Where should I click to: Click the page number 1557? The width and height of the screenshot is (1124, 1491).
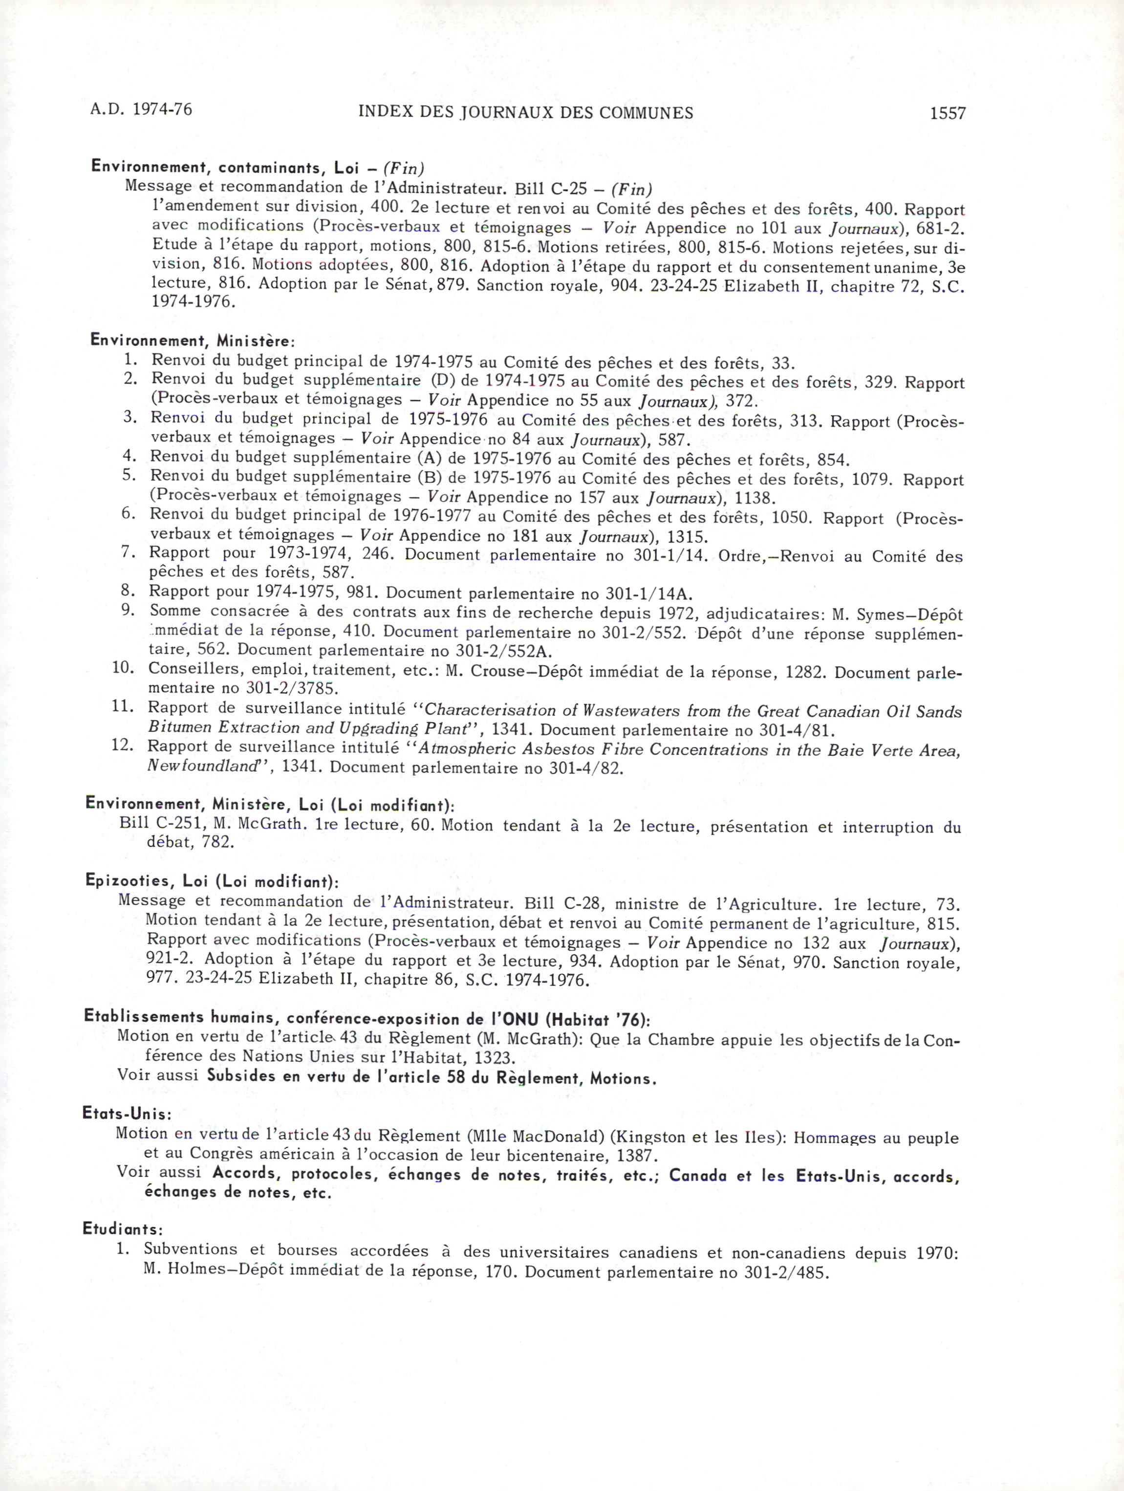pyautogui.click(x=948, y=114)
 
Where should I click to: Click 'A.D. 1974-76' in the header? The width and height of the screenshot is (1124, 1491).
pyautogui.click(x=141, y=109)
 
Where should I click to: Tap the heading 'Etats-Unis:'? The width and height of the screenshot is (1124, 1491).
pyautogui.click(x=127, y=1113)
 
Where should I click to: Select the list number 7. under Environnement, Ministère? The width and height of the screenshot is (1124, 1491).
pyautogui.click(x=130, y=552)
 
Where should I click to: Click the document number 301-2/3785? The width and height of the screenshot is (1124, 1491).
pyautogui.click(x=292, y=689)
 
